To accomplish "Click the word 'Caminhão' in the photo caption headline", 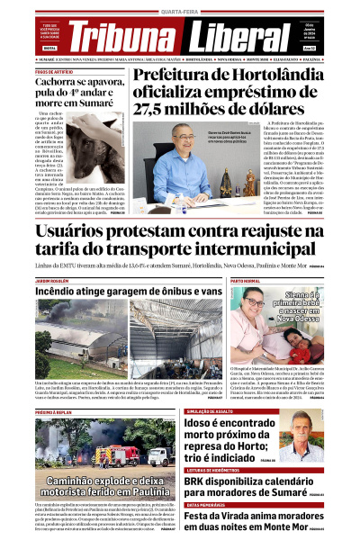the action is coord(77,481).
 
